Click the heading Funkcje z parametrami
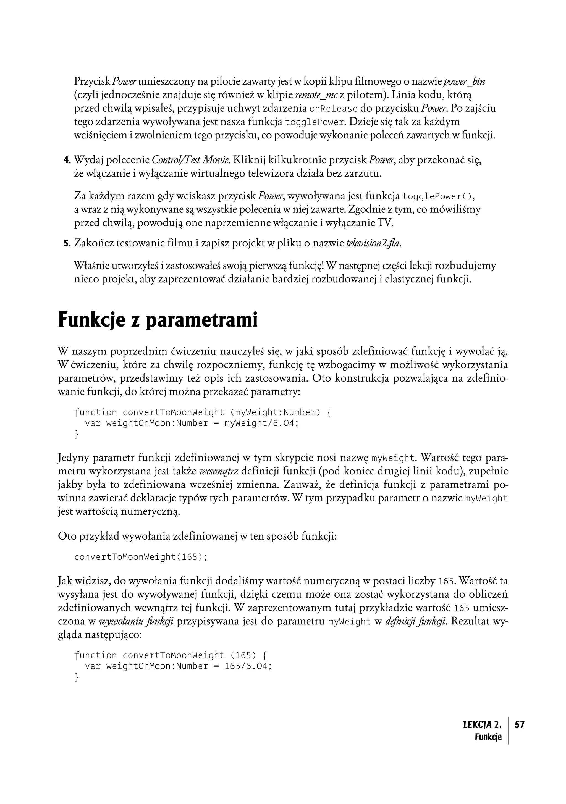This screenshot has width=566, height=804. click(x=158, y=320)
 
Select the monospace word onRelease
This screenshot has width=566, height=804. click(x=334, y=109)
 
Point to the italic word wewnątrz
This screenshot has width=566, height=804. click(x=219, y=471)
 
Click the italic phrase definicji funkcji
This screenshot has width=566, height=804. click(x=415, y=622)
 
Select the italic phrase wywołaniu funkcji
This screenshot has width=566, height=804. click(x=137, y=622)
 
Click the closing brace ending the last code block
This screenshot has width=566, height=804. click(x=77, y=677)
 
